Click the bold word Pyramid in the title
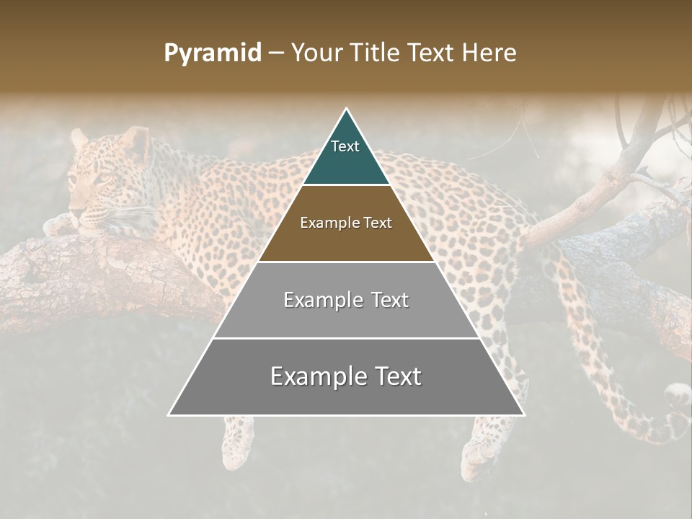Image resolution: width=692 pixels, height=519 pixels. (213, 53)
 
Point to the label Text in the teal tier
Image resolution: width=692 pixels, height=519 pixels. (345, 146)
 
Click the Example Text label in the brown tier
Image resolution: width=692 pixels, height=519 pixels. (346, 223)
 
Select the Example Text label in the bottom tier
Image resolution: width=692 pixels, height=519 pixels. (346, 376)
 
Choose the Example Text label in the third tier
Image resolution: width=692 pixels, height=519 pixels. (346, 300)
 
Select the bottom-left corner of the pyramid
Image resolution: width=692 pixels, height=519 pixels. (169, 414)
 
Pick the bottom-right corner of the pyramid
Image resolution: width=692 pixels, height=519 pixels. (524, 414)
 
